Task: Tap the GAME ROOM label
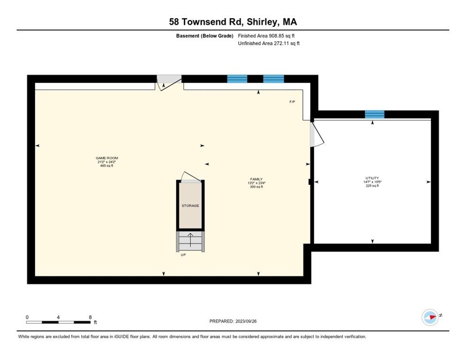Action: point(104,158)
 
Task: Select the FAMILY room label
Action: point(256,179)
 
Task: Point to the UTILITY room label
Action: point(372,178)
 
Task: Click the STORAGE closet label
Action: point(190,206)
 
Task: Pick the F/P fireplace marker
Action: point(292,102)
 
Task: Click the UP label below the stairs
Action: point(183,255)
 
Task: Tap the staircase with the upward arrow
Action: point(190,241)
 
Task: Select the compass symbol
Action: point(430,317)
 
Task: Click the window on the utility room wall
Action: point(375,114)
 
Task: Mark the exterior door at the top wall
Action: point(168,82)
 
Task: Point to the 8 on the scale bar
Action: point(90,317)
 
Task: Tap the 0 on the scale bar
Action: point(27,317)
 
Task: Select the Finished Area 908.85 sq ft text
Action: point(266,36)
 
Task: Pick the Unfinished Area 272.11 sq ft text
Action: point(269,43)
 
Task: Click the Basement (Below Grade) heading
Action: point(204,36)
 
